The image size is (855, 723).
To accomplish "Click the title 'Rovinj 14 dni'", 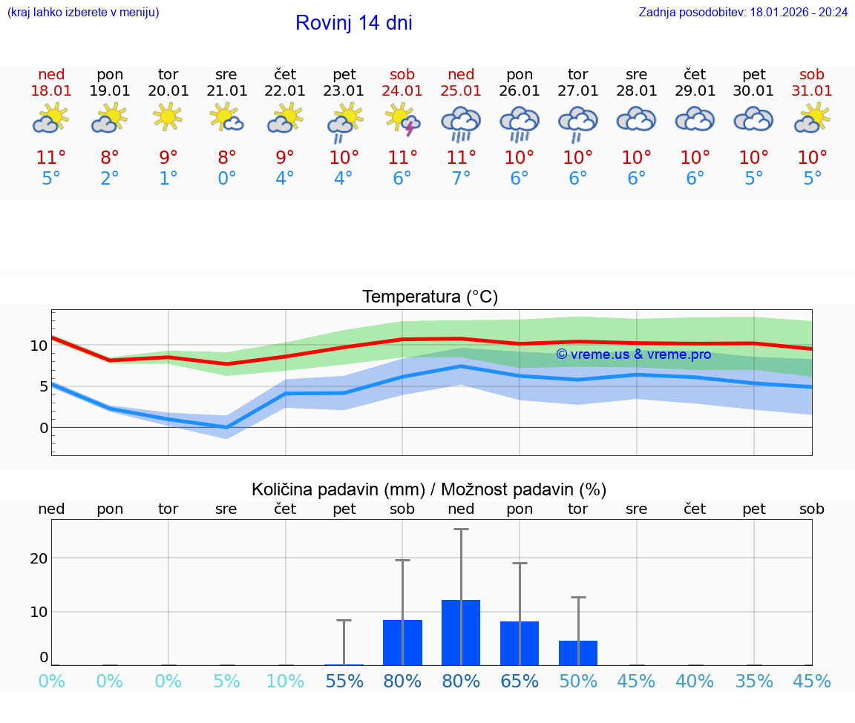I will click(x=353, y=23).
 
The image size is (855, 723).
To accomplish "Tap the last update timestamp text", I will click(x=743, y=13).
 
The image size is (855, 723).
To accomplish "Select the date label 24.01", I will click(x=402, y=91).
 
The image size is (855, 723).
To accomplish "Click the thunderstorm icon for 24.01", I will click(x=402, y=120).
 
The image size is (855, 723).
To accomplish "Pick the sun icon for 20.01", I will click(x=168, y=116).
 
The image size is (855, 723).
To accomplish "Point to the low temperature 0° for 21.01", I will click(x=227, y=179).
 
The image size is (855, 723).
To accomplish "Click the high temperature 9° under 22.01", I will click(x=285, y=158).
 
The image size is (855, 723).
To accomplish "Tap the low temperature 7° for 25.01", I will click(x=461, y=179).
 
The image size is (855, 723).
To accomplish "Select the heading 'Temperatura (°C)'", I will click(x=430, y=297).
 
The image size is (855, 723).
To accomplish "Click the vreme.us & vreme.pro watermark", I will click(x=633, y=354).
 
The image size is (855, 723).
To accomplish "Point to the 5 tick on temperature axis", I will click(x=43, y=386).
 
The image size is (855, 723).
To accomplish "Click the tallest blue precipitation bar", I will click(x=461, y=633).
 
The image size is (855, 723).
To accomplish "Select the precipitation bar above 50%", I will click(x=578, y=653).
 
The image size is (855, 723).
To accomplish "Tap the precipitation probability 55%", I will click(x=344, y=681).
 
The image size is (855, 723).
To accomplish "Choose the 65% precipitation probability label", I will click(x=520, y=681).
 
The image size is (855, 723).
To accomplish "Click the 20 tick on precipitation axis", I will click(x=39, y=558).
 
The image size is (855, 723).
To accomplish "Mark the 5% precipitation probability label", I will click(x=227, y=681).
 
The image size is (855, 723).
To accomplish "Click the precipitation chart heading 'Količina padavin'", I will click(x=338, y=489).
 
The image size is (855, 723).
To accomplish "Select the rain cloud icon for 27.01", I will click(x=578, y=122).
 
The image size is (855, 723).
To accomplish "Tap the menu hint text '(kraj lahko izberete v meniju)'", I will click(x=83, y=13).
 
